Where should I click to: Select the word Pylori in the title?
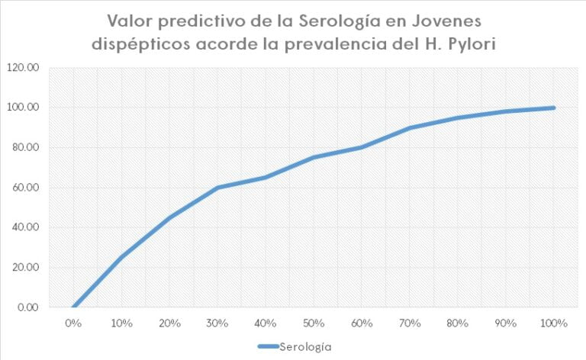click(468, 43)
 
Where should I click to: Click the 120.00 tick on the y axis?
click(22, 67)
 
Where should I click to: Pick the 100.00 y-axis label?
click(22, 108)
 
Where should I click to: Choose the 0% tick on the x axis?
click(73, 323)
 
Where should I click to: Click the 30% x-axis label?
click(217, 323)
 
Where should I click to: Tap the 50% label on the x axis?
click(314, 323)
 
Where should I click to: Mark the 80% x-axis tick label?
click(458, 323)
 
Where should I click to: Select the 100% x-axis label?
click(554, 323)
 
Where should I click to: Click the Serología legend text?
click(305, 346)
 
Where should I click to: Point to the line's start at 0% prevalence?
click(73, 307)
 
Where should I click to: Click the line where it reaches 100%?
click(554, 108)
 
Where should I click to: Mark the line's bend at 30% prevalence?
click(217, 188)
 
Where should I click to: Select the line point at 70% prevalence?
click(410, 127)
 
